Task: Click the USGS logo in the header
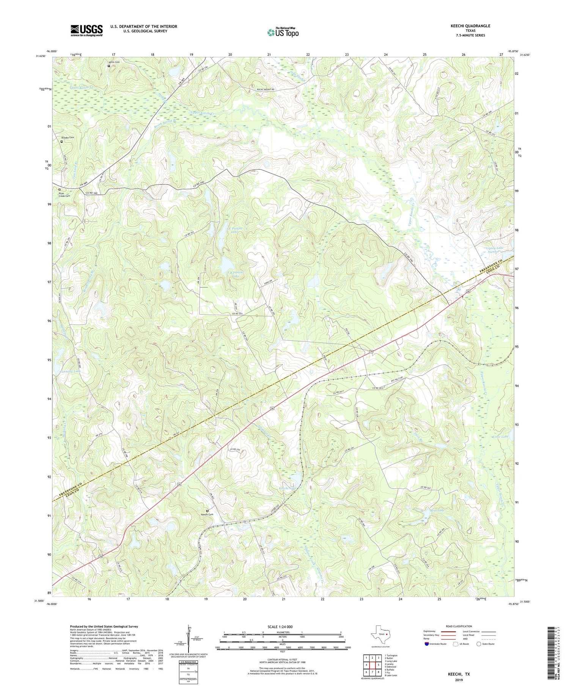86,30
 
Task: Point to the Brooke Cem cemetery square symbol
62,142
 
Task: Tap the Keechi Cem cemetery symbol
207,510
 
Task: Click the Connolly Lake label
71,371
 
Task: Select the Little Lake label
500,437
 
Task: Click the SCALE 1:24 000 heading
283,627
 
